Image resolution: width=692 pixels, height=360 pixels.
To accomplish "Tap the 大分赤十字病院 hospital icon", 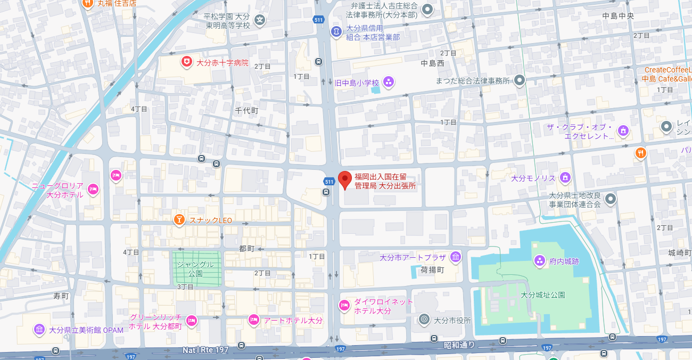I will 186,62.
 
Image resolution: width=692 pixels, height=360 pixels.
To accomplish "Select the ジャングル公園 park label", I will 195,268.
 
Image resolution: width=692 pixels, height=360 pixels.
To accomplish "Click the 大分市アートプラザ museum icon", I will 456,258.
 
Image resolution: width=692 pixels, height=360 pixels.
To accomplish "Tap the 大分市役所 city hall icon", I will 424,320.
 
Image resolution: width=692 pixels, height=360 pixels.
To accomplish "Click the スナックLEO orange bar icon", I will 180,219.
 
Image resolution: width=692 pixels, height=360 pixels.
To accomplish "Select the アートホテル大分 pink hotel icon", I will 254,320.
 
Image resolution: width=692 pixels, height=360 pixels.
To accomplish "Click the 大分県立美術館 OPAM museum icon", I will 39,330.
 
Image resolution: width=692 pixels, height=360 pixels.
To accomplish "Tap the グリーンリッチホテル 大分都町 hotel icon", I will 192,321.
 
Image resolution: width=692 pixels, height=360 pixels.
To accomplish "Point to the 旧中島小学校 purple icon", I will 388,82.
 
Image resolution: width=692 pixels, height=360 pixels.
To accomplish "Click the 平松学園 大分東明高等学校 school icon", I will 259,20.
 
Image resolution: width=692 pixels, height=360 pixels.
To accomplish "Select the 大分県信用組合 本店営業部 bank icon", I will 336,31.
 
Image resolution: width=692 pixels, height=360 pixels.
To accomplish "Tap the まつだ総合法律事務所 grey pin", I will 520,80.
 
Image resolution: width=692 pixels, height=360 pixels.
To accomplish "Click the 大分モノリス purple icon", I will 565,177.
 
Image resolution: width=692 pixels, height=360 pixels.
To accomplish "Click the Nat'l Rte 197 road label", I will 205,350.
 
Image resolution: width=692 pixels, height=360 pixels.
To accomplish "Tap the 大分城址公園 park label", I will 542,294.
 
